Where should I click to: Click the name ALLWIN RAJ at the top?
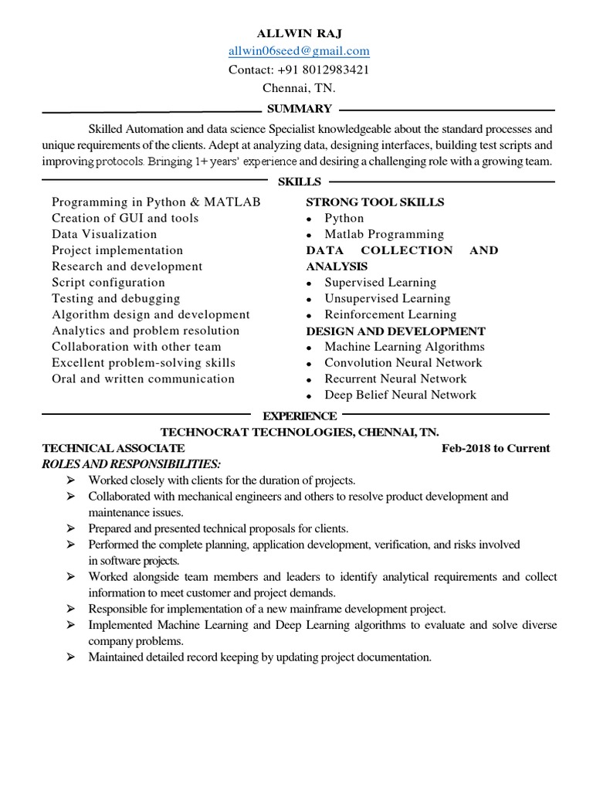click(x=299, y=34)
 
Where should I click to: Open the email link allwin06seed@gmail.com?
click(x=299, y=52)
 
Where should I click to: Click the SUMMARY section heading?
click(x=299, y=109)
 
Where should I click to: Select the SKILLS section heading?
click(x=299, y=182)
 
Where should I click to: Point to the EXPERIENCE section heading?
click(x=300, y=416)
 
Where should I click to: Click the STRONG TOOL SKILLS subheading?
click(x=375, y=202)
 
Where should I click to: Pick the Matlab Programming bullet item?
click(x=384, y=234)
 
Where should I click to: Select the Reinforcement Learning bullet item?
click(x=390, y=314)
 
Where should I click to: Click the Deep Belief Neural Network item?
click(x=400, y=395)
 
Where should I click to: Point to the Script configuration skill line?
click(x=108, y=283)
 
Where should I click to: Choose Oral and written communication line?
click(x=143, y=379)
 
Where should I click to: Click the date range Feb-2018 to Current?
click(x=496, y=448)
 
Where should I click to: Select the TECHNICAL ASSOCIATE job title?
click(x=114, y=448)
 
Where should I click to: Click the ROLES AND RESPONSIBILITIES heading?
click(x=131, y=463)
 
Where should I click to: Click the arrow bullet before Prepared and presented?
click(x=71, y=529)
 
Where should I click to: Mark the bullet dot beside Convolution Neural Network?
click(x=309, y=364)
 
